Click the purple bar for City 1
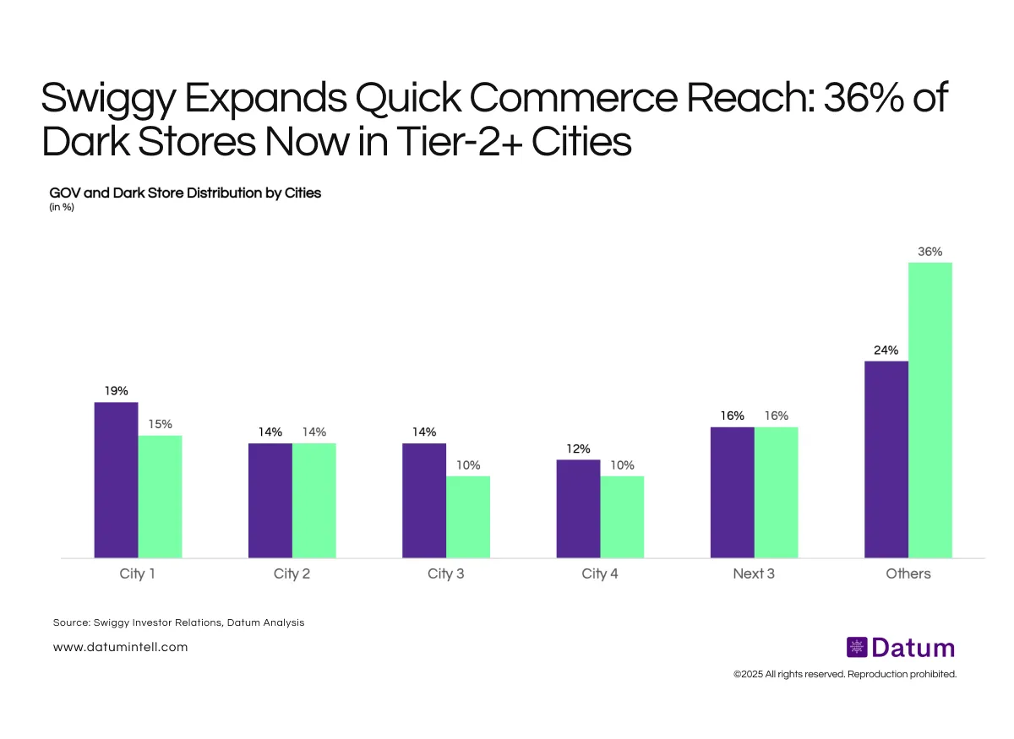[x=116, y=480]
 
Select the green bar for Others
[x=930, y=410]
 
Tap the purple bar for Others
[x=886, y=459]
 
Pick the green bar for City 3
[x=468, y=517]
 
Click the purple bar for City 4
[x=578, y=508]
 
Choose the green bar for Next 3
[x=776, y=492]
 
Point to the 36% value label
[x=930, y=251]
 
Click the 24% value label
[x=886, y=350]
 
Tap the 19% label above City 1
[x=116, y=390]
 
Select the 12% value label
[x=578, y=448]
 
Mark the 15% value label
[x=160, y=424]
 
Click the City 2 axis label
[x=292, y=574]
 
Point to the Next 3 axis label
[x=754, y=574]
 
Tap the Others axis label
[x=908, y=574]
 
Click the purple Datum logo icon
[x=857, y=648]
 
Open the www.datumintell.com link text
[x=120, y=647]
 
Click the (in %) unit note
[x=62, y=208]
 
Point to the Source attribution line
[x=178, y=622]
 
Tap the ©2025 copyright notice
[x=844, y=675]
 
